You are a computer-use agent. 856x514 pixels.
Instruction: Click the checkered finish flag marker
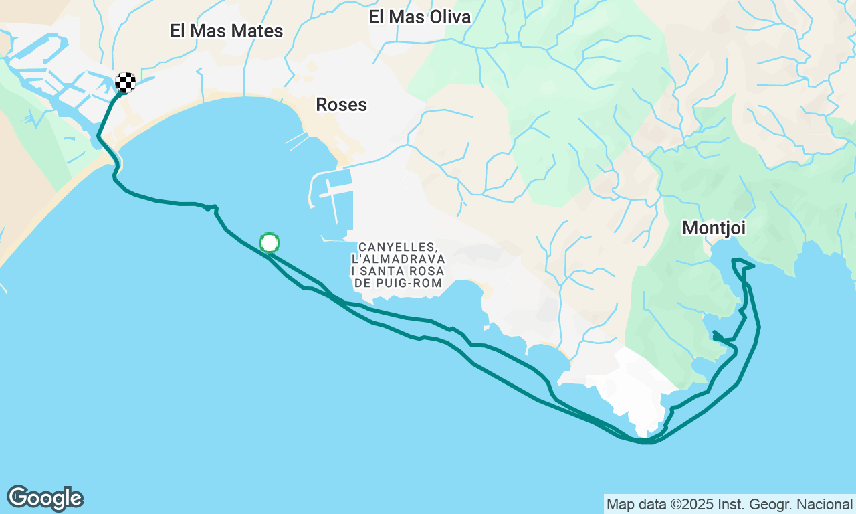126,82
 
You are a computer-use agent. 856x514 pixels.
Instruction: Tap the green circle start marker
270,243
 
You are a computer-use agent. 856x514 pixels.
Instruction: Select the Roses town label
341,104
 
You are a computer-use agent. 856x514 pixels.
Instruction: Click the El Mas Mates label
226,31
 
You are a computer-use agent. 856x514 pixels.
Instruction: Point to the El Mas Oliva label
419,17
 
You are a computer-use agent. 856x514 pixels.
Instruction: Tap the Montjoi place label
714,228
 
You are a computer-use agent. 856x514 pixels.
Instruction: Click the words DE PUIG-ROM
398,283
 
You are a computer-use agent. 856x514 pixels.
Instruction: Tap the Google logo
45,499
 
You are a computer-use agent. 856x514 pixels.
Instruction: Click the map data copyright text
729,504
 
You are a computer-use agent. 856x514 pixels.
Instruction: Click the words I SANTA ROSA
398,271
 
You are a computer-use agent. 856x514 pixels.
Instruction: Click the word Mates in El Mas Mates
256,31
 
